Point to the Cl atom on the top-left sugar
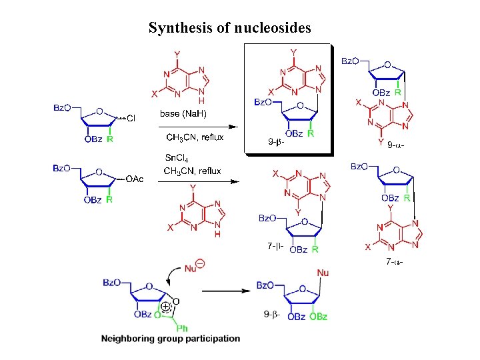pyautogui.click(x=131, y=119)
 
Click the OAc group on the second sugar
pyautogui.click(x=135, y=179)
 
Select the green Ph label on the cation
pyautogui.click(x=182, y=327)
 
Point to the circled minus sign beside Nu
pyautogui.click(x=200, y=264)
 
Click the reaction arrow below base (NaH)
pyautogui.click(x=197, y=125)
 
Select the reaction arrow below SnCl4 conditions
pyautogui.click(x=197, y=180)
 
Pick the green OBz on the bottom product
pyautogui.click(x=318, y=317)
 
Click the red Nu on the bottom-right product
pyautogui.click(x=323, y=273)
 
